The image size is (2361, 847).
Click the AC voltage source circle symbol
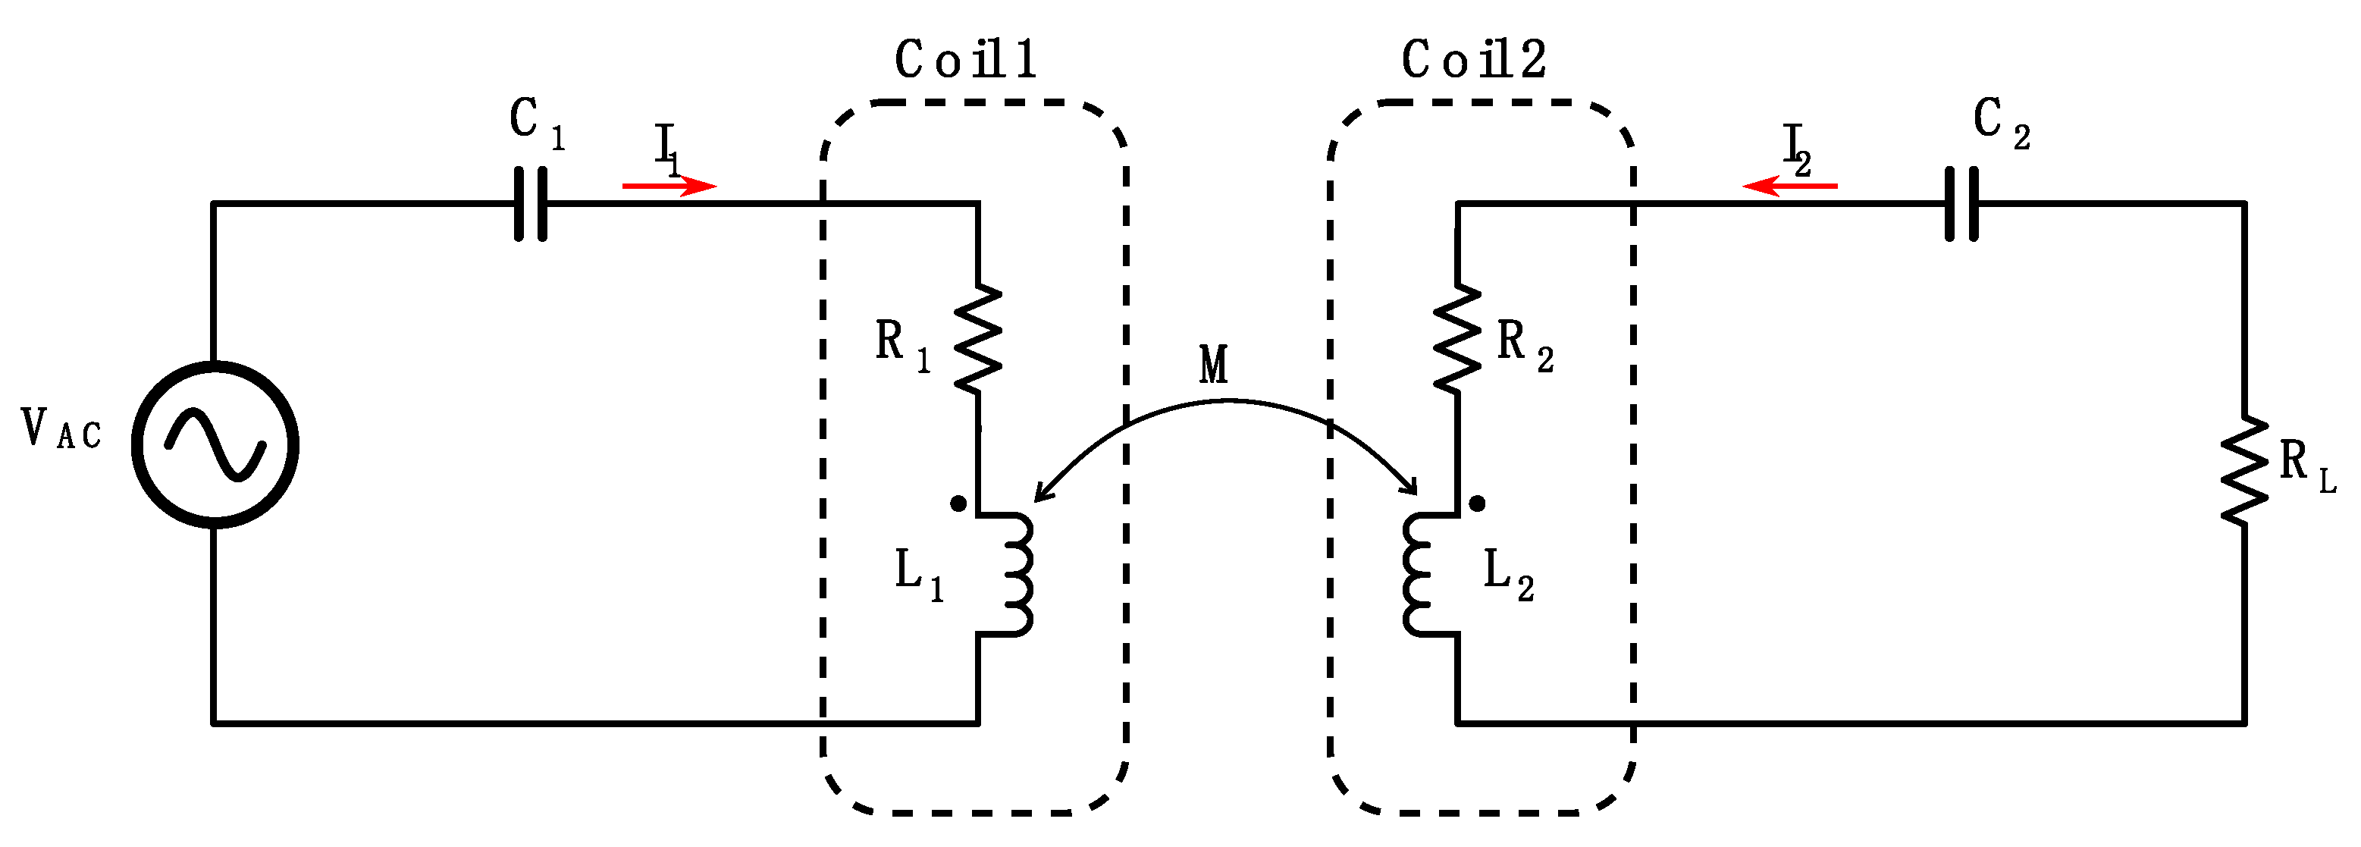click(215, 444)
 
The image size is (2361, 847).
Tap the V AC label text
click(61, 429)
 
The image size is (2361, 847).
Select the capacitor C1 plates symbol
click(531, 203)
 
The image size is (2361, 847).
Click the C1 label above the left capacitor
click(536, 123)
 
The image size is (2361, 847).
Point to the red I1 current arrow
click(669, 186)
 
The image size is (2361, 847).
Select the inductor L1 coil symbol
click(1013, 574)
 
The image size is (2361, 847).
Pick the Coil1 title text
click(965, 61)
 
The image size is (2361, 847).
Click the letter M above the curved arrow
click(1214, 365)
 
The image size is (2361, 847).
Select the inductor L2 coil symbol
click(1422, 574)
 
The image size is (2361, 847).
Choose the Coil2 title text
click(1474, 61)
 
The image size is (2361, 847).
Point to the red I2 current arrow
click(1789, 186)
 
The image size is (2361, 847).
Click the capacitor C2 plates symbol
click(1961, 203)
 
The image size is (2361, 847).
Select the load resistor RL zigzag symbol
click(2243, 472)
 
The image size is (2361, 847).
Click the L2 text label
click(1508, 574)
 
